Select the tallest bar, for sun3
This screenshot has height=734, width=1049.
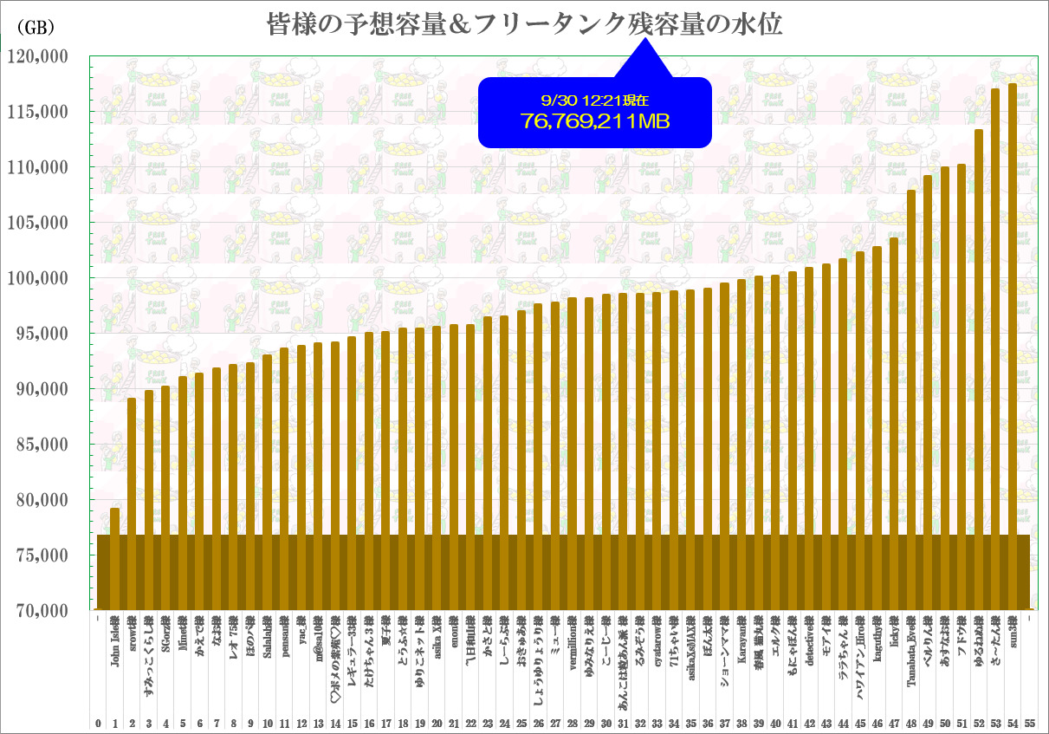(1013, 347)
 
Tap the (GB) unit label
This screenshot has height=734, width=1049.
(36, 27)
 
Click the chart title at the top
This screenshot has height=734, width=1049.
(523, 25)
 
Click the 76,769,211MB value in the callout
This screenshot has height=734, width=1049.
(595, 122)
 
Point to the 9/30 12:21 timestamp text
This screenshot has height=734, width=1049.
(594, 101)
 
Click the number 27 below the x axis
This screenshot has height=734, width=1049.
(555, 723)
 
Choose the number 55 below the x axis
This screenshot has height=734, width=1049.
(1029, 723)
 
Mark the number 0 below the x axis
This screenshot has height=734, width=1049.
(98, 723)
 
